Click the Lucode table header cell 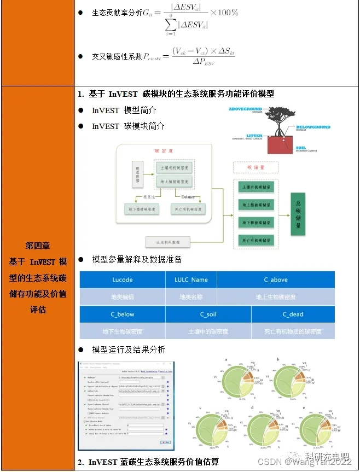[x=123, y=279]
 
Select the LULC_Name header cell [x=191, y=279]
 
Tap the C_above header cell [x=276, y=279]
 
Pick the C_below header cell [x=123, y=314]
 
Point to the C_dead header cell [x=293, y=314]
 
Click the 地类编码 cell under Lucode [x=123, y=297]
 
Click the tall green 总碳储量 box [x=298, y=214]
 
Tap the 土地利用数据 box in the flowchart [x=167, y=242]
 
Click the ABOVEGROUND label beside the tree [x=245, y=109]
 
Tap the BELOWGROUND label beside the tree [x=313, y=127]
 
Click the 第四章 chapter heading [x=38, y=244]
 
